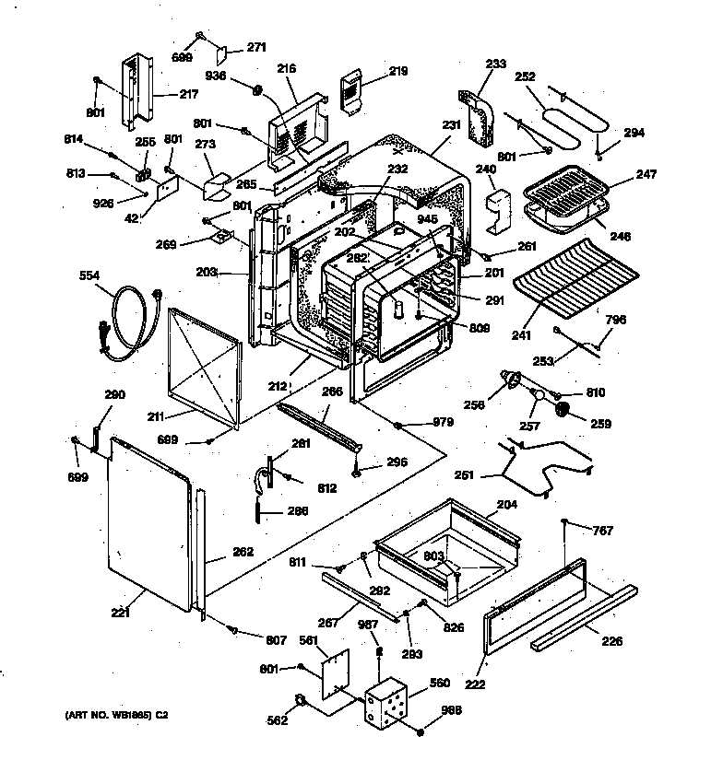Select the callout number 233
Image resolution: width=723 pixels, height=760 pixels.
495,64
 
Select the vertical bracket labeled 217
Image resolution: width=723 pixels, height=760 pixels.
136,90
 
